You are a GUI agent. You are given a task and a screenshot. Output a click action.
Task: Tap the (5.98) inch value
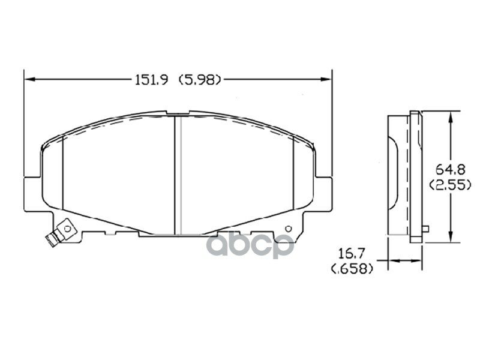point(200,79)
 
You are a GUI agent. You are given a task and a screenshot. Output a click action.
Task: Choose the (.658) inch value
point(352,269)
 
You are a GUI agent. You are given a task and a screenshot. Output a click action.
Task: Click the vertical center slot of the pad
point(177,174)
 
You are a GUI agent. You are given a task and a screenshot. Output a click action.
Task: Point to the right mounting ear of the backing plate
point(323,193)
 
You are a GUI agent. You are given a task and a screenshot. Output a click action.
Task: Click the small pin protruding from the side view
point(425,228)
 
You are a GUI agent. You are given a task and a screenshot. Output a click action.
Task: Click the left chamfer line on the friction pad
point(63,174)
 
